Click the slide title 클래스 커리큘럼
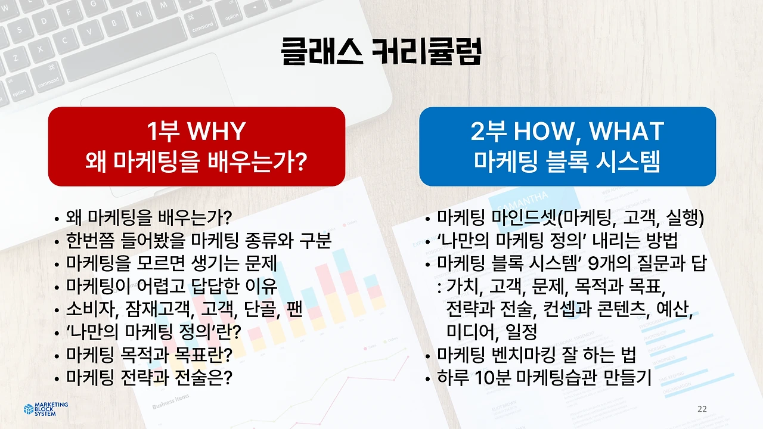(381, 52)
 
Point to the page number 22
(702, 409)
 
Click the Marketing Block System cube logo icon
(29, 409)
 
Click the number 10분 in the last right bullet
(491, 378)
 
